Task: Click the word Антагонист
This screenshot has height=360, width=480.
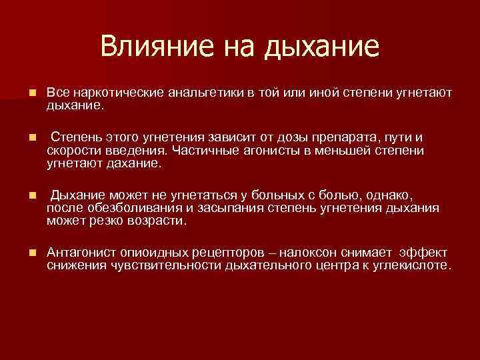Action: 83,253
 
